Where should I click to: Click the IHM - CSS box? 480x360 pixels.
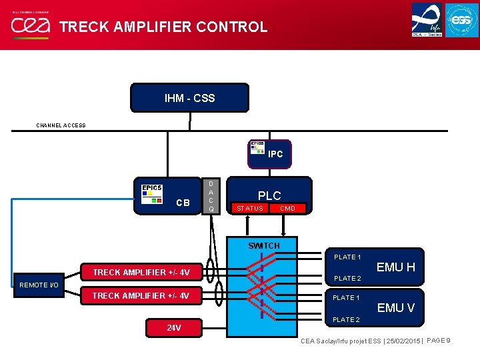coord(189,98)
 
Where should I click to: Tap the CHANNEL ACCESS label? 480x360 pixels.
coord(61,125)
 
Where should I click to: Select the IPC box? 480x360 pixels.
coord(269,153)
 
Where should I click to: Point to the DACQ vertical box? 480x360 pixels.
coord(211,196)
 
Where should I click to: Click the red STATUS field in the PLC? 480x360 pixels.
coord(250,209)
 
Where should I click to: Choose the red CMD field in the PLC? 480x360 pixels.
coord(287,209)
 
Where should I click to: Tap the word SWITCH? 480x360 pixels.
coord(264,245)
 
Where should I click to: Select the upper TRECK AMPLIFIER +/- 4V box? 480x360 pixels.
coord(141,272)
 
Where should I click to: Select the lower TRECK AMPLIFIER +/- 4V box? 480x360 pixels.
coord(141,295)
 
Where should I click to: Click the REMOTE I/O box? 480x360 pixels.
coord(39,285)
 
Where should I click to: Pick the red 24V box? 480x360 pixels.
coord(174,328)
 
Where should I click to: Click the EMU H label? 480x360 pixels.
coord(395,267)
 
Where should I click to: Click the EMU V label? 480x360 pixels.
coord(395,308)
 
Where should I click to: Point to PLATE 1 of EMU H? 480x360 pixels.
coord(347,257)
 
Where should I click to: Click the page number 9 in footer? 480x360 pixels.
coord(448,341)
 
